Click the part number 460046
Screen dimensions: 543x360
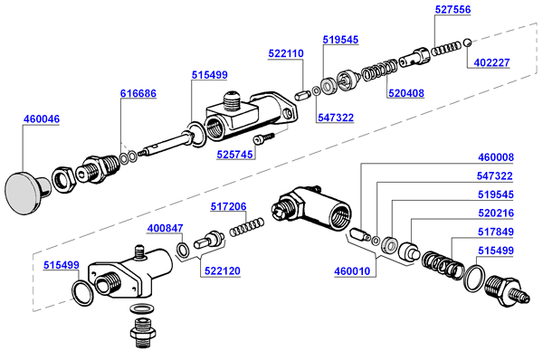pos(42,118)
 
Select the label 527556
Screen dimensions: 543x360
pos(453,9)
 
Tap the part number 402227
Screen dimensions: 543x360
pos(491,62)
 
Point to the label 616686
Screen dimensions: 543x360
pos(138,93)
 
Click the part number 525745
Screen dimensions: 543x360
pos(234,155)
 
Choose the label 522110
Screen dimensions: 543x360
pos(286,53)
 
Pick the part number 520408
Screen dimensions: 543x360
pos(406,93)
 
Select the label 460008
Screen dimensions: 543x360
pos(496,157)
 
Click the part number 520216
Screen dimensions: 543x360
pos(496,213)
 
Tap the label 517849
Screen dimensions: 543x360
pos(496,232)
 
